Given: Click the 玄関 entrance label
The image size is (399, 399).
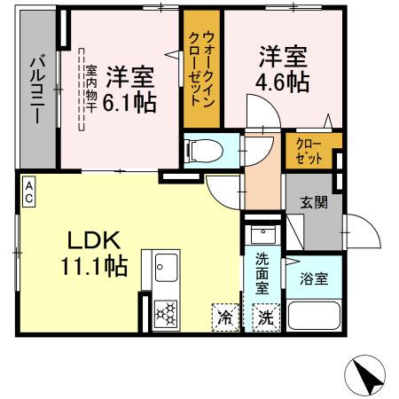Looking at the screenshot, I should click(312, 201).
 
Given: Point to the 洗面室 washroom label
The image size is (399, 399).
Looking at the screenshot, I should click(264, 273).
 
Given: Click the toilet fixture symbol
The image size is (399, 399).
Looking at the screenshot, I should click(202, 151).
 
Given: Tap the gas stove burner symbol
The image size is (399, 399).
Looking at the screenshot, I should click(167, 315).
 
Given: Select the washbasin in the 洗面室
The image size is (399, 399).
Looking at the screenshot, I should click(262, 235).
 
